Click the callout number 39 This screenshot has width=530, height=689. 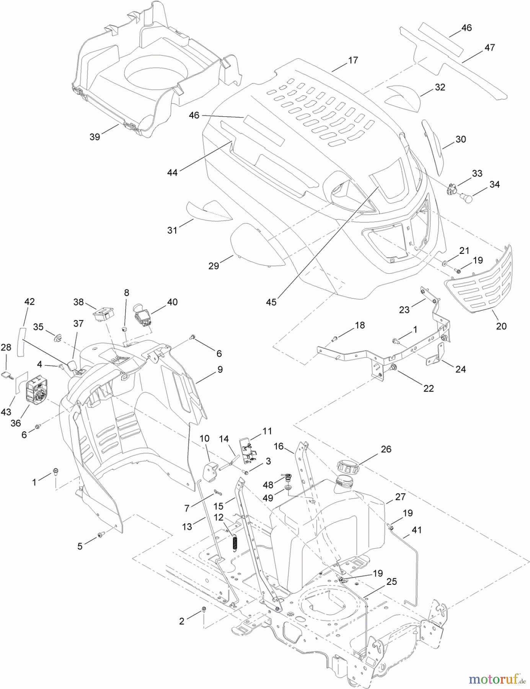pyautogui.click(x=95, y=137)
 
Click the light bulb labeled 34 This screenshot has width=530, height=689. pyautogui.click(x=467, y=198)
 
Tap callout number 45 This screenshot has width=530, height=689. pyautogui.click(x=271, y=302)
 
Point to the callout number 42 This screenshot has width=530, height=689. pyautogui.click(x=29, y=302)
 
